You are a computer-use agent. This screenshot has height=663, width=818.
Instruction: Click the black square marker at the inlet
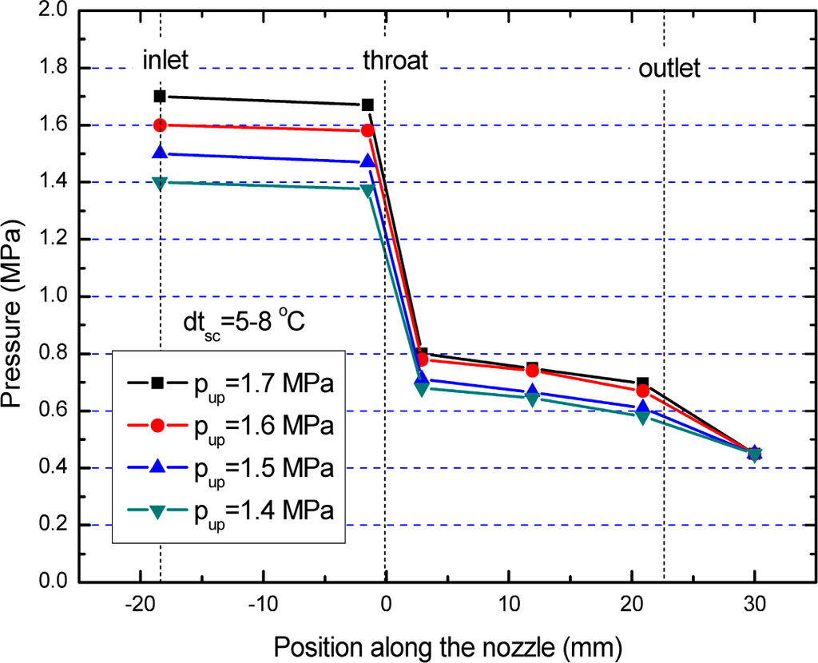coord(160,96)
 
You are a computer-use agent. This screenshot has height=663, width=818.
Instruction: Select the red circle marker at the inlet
coord(160,125)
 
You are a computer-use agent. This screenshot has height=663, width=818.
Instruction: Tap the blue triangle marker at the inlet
coord(160,153)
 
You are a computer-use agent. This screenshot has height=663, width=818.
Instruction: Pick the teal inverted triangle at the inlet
coord(160,183)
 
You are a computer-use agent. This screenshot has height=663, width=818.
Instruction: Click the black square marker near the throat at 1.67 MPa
coord(367,105)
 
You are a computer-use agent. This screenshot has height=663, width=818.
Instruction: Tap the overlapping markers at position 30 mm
coord(754,453)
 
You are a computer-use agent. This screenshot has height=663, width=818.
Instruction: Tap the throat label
coord(395,60)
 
